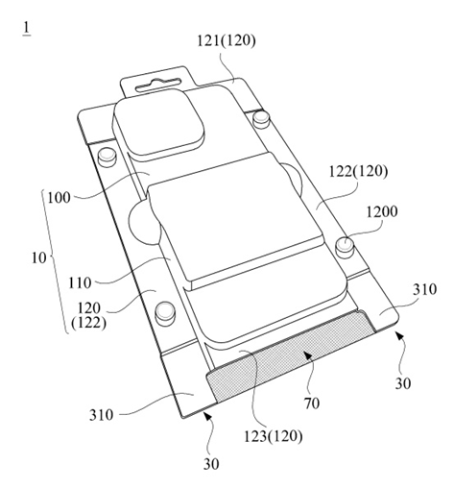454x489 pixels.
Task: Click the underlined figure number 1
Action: [27, 29]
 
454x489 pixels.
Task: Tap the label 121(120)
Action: [227, 40]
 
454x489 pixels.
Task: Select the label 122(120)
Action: [358, 172]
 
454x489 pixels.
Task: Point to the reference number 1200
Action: [382, 212]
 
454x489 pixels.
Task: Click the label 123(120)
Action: [273, 436]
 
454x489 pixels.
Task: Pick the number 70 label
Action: [311, 403]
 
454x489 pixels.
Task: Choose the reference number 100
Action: [59, 197]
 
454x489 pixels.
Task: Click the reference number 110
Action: [80, 283]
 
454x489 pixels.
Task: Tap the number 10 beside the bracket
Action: [38, 257]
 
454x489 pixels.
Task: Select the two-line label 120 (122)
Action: [88, 316]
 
